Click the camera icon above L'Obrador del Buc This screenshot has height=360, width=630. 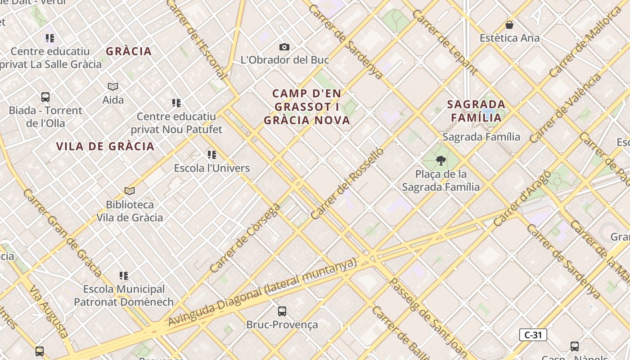coord(284,47)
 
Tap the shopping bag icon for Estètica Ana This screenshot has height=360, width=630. coord(509,25)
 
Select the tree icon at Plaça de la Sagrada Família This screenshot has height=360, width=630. coord(441,160)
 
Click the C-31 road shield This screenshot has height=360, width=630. coord(533,335)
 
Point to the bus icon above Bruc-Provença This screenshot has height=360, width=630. coord(282,311)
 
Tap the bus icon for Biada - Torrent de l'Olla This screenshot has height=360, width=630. coord(45,97)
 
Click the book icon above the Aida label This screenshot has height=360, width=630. coord(113,86)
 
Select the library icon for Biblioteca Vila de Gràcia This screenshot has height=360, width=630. coord(130,191)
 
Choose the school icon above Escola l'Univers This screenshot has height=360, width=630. coord(212,155)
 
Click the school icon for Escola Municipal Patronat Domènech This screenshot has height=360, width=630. coord(124,275)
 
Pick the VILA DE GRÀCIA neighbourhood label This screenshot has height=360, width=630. coord(105,146)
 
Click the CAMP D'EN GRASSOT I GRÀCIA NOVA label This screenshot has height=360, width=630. coord(307,107)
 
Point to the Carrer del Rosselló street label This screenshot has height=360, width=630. coord(347,184)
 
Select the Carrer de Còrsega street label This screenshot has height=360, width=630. coord(245,239)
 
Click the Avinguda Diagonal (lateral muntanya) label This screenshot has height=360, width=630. coord(262,292)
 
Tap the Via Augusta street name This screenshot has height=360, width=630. coord(49,310)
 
